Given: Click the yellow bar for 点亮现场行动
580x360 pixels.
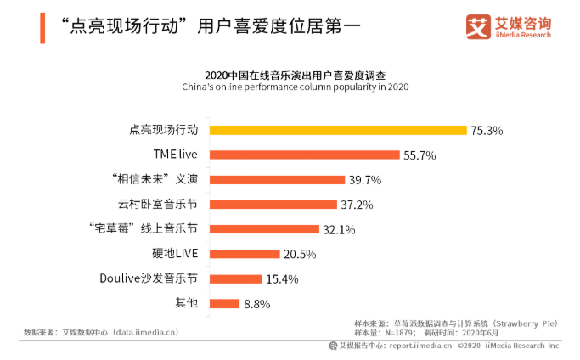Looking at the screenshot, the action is (x=338, y=130).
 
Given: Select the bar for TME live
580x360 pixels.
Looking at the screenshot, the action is (x=304, y=155).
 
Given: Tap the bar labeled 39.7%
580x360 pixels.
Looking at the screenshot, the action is (x=277, y=180).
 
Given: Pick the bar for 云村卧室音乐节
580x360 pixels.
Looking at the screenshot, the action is (x=273, y=205).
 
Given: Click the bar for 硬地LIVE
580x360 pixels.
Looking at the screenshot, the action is (x=245, y=254).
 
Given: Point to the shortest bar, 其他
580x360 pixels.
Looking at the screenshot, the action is (x=224, y=304).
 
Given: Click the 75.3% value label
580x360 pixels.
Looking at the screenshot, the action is (x=487, y=131).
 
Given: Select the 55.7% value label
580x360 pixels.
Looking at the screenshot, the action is (x=420, y=155).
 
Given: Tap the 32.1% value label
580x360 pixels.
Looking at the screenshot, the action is (x=339, y=230).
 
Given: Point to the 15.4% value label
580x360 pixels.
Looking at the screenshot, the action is (x=282, y=279).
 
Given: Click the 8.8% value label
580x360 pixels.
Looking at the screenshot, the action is (x=256, y=304).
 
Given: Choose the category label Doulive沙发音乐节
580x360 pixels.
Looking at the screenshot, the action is (x=149, y=278).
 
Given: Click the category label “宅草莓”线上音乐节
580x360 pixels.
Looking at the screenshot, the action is (x=144, y=228).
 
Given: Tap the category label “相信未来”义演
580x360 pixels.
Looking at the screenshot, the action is (x=155, y=179).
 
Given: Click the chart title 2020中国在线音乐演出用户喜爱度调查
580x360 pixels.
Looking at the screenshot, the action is (x=296, y=76).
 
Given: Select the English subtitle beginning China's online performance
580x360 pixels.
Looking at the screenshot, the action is (x=296, y=87).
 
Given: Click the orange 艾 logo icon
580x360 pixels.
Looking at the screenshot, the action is (x=478, y=26).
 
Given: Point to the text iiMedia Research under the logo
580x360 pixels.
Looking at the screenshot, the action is (x=523, y=35).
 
